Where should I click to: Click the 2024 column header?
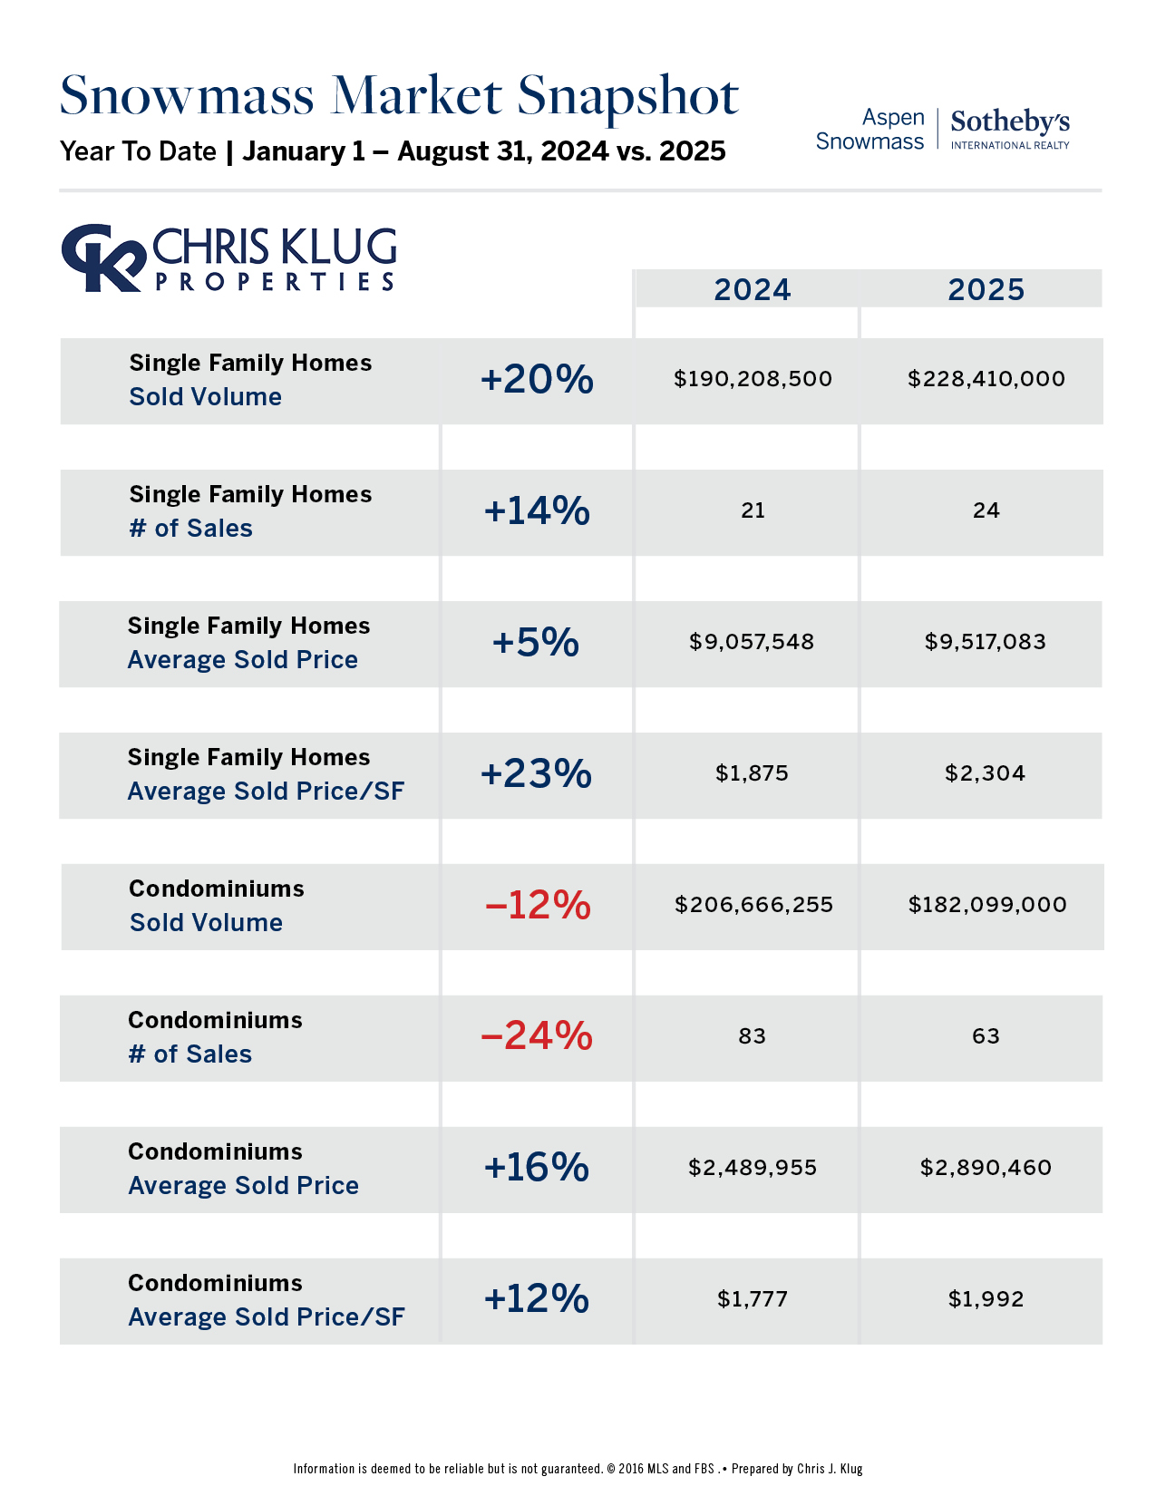[752, 290]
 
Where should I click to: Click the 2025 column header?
[986, 290]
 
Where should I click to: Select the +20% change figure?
[537, 379]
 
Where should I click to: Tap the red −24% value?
[537, 1035]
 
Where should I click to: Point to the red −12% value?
[538, 905]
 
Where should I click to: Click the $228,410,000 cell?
[986, 379]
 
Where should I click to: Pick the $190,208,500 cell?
[753, 379]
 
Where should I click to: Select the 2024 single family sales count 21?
[753, 510]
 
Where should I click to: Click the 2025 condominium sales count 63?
[986, 1036]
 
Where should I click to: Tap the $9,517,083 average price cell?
[986, 642]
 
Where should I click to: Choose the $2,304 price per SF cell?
[986, 773]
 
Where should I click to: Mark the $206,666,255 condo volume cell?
[753, 905]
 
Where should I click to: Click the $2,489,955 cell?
[753, 1168]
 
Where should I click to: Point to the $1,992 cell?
[986, 1299]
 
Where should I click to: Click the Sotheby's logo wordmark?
[1010, 122]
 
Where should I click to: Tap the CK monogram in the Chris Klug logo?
[102, 257]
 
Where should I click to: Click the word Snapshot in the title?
[627, 96]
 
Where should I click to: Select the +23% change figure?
[537, 773]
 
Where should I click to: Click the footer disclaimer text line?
[578, 1469]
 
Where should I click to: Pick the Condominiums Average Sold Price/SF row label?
[266, 1300]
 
